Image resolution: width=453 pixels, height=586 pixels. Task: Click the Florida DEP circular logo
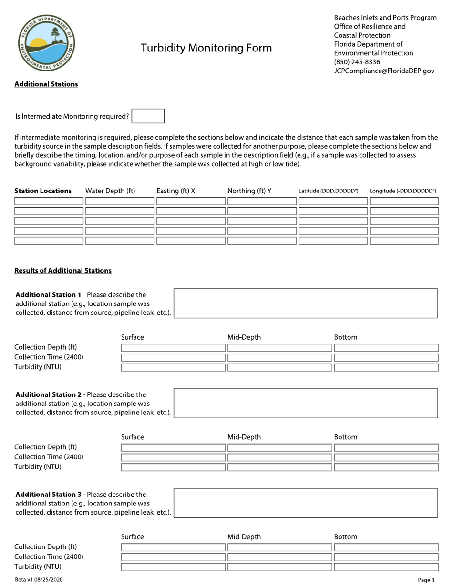tap(46, 43)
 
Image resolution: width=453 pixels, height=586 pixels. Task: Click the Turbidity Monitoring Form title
tap(206, 48)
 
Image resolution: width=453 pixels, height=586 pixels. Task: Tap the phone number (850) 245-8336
tap(357, 62)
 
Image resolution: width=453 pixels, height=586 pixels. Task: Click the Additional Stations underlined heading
tap(46, 84)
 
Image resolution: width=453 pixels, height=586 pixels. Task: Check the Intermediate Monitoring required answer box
tap(148, 116)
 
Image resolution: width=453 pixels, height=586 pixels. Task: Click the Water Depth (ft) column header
tap(110, 191)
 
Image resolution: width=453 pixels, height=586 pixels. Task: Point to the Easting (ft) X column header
tap(175, 191)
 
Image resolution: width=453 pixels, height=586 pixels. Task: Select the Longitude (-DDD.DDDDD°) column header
tap(403, 191)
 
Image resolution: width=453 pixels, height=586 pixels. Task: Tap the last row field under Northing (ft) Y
tap(261, 241)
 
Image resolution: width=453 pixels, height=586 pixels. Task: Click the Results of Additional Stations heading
tap(63, 271)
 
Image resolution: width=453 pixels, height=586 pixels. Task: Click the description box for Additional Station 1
tap(306, 303)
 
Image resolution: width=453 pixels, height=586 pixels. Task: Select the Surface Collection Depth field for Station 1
tap(173, 347)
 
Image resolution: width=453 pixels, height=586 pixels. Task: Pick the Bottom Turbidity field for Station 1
tap(386, 367)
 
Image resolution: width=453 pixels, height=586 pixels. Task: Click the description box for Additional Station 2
tap(306, 403)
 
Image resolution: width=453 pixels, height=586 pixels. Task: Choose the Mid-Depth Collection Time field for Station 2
tap(279, 457)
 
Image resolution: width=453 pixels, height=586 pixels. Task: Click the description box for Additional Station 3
tap(306, 503)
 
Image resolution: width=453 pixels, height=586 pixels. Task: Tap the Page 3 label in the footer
tap(426, 580)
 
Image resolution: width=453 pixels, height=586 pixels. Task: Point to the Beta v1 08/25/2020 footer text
tap(39, 580)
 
